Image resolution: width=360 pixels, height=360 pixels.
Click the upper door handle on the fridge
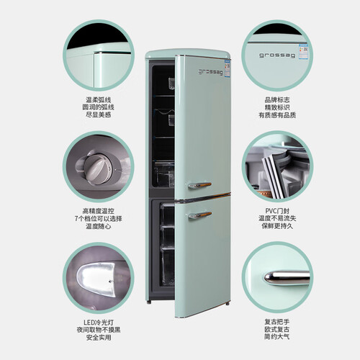pos(199,185)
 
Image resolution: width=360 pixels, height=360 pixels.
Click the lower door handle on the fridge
pos(199,215)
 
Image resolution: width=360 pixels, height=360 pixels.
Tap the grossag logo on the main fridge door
pos(211,72)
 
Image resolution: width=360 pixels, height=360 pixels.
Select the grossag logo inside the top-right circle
pos(277,55)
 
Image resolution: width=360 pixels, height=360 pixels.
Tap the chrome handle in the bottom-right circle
pos(287,278)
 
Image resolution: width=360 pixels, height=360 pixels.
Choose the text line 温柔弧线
pos(99,100)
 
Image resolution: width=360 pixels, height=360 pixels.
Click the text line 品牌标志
pos(277,100)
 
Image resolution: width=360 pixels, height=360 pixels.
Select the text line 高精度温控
pos(99,211)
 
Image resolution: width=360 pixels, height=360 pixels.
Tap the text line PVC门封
pos(277,211)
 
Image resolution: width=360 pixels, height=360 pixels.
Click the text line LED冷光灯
pos(99,323)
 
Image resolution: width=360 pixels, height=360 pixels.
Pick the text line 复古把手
pos(277,322)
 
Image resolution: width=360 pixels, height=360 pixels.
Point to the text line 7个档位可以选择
pos(99,219)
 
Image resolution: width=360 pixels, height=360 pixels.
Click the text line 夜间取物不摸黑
pos(99,330)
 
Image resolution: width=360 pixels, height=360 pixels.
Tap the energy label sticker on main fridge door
pos(227,70)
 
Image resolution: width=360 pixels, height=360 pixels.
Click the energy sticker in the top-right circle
pos(303,51)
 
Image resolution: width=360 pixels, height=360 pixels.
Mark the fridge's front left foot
pos(149,302)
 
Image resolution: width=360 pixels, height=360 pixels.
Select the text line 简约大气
pos(277,337)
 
